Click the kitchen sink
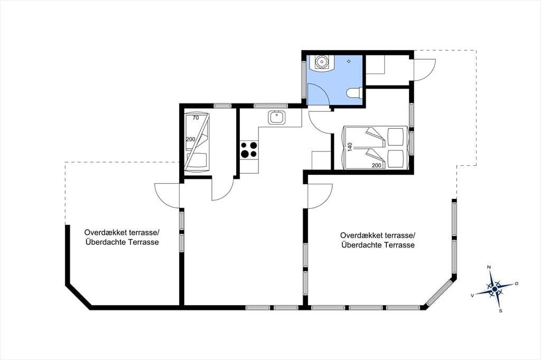(x=277, y=118)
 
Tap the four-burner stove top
(x=249, y=150)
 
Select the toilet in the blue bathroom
(x=354, y=93)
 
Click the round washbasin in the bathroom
(x=322, y=62)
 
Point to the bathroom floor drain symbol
(x=349, y=61)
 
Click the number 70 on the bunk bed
(x=195, y=118)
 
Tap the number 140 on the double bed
(x=350, y=147)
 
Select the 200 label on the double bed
(x=377, y=166)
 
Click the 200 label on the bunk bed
(x=190, y=139)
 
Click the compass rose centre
(x=495, y=289)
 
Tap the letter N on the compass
(x=489, y=267)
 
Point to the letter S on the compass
(x=501, y=311)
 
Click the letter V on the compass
(x=472, y=296)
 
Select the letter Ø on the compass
(x=517, y=283)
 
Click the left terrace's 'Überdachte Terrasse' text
(x=122, y=242)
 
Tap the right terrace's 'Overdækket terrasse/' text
(x=378, y=235)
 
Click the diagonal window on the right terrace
(x=439, y=292)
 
